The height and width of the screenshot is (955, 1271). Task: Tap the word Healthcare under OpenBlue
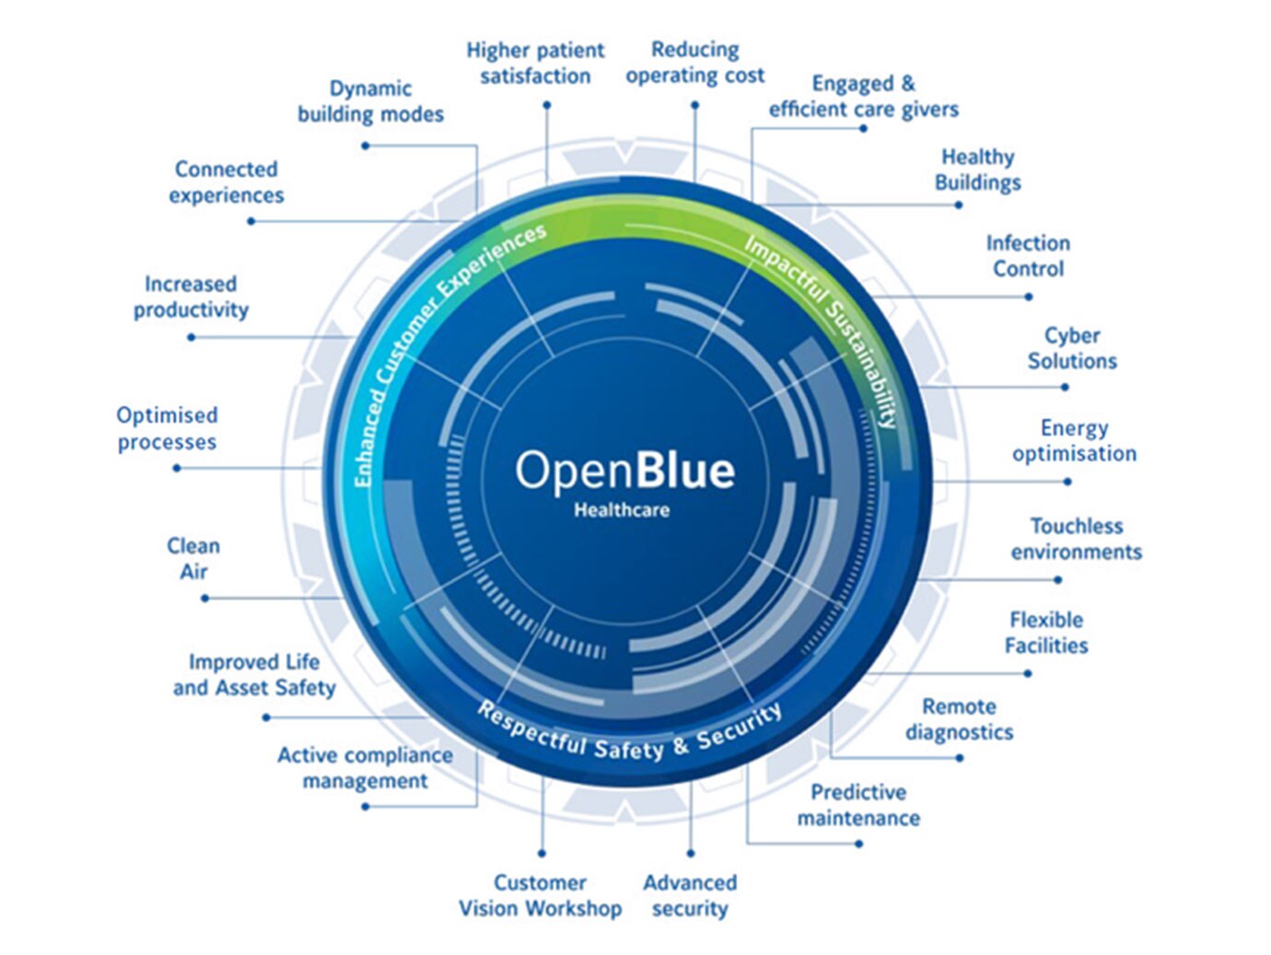(x=622, y=510)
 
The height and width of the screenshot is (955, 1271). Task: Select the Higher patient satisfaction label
(x=535, y=64)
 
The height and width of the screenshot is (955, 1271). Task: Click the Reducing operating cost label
(x=694, y=63)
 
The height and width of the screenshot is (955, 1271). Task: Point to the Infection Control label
(x=1028, y=256)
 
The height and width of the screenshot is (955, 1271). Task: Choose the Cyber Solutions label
(x=1072, y=348)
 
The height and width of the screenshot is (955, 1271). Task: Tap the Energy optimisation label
(x=1074, y=440)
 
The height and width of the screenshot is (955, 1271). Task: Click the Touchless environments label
(x=1076, y=539)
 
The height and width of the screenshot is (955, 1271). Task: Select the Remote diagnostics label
(x=959, y=719)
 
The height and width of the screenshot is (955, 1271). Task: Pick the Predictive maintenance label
(x=858, y=805)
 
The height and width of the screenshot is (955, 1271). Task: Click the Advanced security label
(x=690, y=895)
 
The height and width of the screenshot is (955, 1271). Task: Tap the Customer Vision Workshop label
(x=540, y=895)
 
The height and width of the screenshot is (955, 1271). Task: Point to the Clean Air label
(x=193, y=558)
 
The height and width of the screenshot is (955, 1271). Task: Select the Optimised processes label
(x=167, y=428)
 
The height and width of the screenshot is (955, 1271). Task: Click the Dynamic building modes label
(x=370, y=101)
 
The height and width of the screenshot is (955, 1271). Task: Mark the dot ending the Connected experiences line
(x=251, y=221)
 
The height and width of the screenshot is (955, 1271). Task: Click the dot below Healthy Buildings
(x=959, y=204)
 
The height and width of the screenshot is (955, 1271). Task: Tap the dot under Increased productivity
(x=192, y=337)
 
